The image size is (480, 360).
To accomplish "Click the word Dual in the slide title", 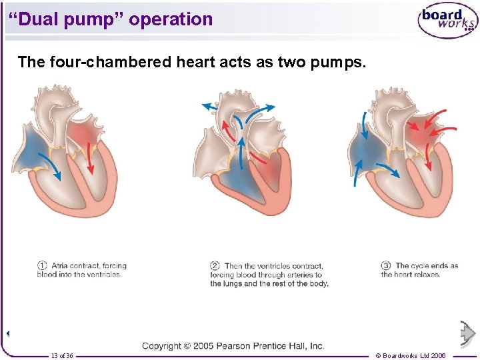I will [x=37, y=19].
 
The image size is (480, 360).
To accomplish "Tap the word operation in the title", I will [x=171, y=19].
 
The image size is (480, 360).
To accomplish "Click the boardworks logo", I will [x=448, y=22].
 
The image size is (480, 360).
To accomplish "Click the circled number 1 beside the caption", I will [x=42, y=266].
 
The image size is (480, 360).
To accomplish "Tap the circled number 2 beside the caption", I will [x=215, y=266].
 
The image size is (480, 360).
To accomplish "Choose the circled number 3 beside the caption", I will [x=386, y=266].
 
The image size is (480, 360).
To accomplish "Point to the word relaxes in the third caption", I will [x=426, y=275].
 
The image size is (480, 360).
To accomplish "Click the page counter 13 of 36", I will [x=62, y=356].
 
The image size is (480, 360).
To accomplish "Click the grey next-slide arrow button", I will [x=468, y=333].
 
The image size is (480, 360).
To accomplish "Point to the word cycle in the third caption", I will [x=425, y=266].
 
